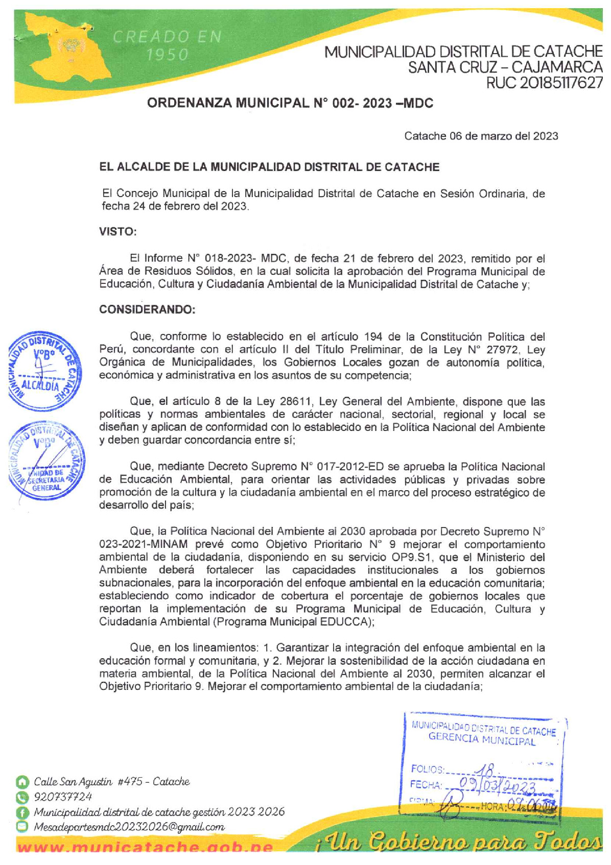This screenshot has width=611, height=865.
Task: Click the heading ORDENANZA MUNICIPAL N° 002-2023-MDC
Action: (x=290, y=104)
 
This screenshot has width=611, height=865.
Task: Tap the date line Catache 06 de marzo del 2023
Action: (x=481, y=136)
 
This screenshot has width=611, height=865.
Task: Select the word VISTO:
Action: (x=118, y=232)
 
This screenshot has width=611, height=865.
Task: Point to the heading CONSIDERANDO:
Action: (x=147, y=310)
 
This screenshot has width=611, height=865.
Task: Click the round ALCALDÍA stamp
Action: (x=44, y=372)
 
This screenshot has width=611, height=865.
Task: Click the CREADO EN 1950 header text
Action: (x=167, y=45)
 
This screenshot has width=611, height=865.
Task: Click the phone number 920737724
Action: (x=63, y=797)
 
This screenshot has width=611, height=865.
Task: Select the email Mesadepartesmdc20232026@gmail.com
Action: (x=129, y=827)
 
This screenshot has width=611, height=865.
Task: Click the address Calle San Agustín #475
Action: (x=111, y=782)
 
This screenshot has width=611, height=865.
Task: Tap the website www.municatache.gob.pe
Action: (x=145, y=848)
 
